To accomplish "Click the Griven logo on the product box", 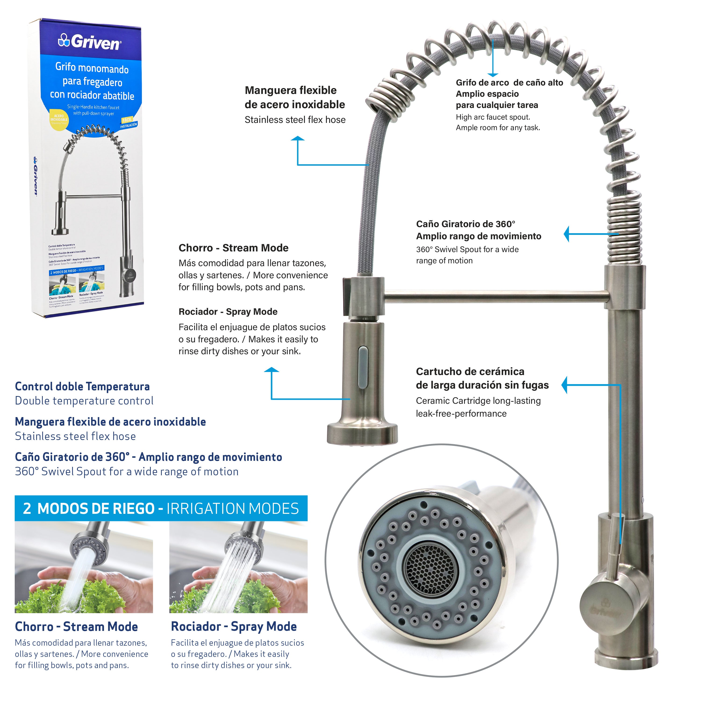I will point(90,42).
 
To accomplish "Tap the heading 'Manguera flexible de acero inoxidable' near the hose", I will point(295,97).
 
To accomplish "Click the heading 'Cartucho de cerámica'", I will point(470,372).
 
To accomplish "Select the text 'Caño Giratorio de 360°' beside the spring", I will point(465,224).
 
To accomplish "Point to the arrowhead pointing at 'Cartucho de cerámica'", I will point(565,385).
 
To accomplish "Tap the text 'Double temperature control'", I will point(84,401).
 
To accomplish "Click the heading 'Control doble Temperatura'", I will point(82,386).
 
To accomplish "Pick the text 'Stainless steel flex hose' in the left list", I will point(75,436).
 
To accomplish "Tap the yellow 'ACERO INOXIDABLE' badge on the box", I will point(59,119).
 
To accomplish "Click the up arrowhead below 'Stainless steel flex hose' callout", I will point(297,139).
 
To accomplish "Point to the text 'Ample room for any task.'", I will point(498,128).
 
